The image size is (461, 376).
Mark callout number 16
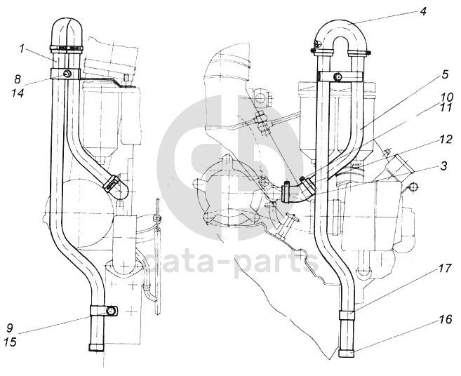point(425,318)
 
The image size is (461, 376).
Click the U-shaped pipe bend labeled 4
point(340,27)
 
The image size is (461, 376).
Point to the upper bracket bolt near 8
point(67,74)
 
